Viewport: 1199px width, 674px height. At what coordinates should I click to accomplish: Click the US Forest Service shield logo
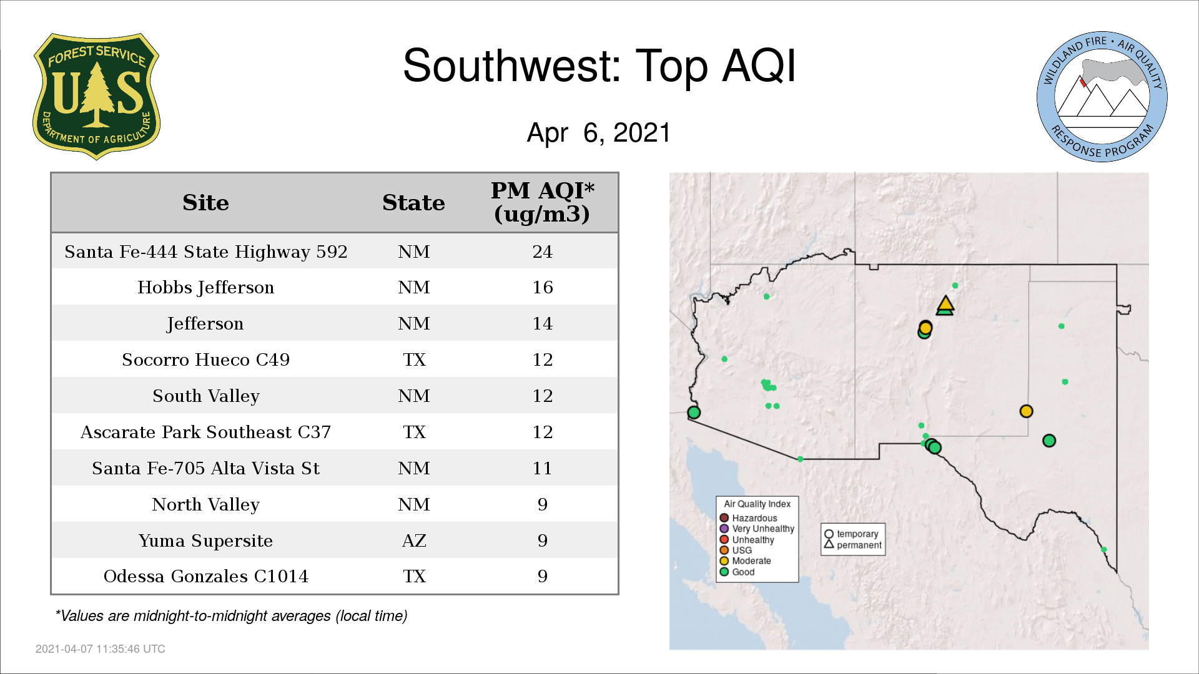click(x=96, y=97)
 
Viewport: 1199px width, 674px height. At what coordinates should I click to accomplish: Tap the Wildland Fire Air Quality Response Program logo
click(x=1102, y=97)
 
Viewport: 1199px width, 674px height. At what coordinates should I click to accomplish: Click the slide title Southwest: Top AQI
click(x=599, y=66)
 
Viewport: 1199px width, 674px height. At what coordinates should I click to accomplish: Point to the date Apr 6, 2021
click(x=599, y=133)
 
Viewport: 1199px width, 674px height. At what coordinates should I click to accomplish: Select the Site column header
click(x=205, y=203)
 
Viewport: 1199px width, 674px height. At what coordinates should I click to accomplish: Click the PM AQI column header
click(x=542, y=202)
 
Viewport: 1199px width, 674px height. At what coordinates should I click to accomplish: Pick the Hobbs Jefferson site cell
click(x=205, y=288)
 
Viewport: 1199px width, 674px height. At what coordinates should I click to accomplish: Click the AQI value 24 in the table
click(x=542, y=252)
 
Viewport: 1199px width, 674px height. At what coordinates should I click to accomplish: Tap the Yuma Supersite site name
click(x=205, y=540)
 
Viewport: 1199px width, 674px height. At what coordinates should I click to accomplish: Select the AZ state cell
click(x=414, y=540)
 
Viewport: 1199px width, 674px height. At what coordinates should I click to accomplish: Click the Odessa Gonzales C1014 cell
click(x=205, y=576)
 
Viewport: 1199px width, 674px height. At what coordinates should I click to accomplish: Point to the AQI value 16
click(x=542, y=287)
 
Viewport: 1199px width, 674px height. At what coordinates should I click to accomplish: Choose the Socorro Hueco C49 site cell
click(x=205, y=359)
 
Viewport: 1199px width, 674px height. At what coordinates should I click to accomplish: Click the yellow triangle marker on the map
click(x=945, y=304)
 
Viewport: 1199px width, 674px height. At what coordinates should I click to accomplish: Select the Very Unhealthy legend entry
click(x=757, y=529)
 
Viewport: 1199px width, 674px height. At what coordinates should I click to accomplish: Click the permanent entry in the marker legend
click(x=853, y=545)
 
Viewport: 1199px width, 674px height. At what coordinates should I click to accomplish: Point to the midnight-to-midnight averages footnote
click(x=231, y=616)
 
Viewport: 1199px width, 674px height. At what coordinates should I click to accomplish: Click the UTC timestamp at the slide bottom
click(x=101, y=649)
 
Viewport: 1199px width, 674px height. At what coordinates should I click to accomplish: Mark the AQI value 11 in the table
click(x=542, y=468)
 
